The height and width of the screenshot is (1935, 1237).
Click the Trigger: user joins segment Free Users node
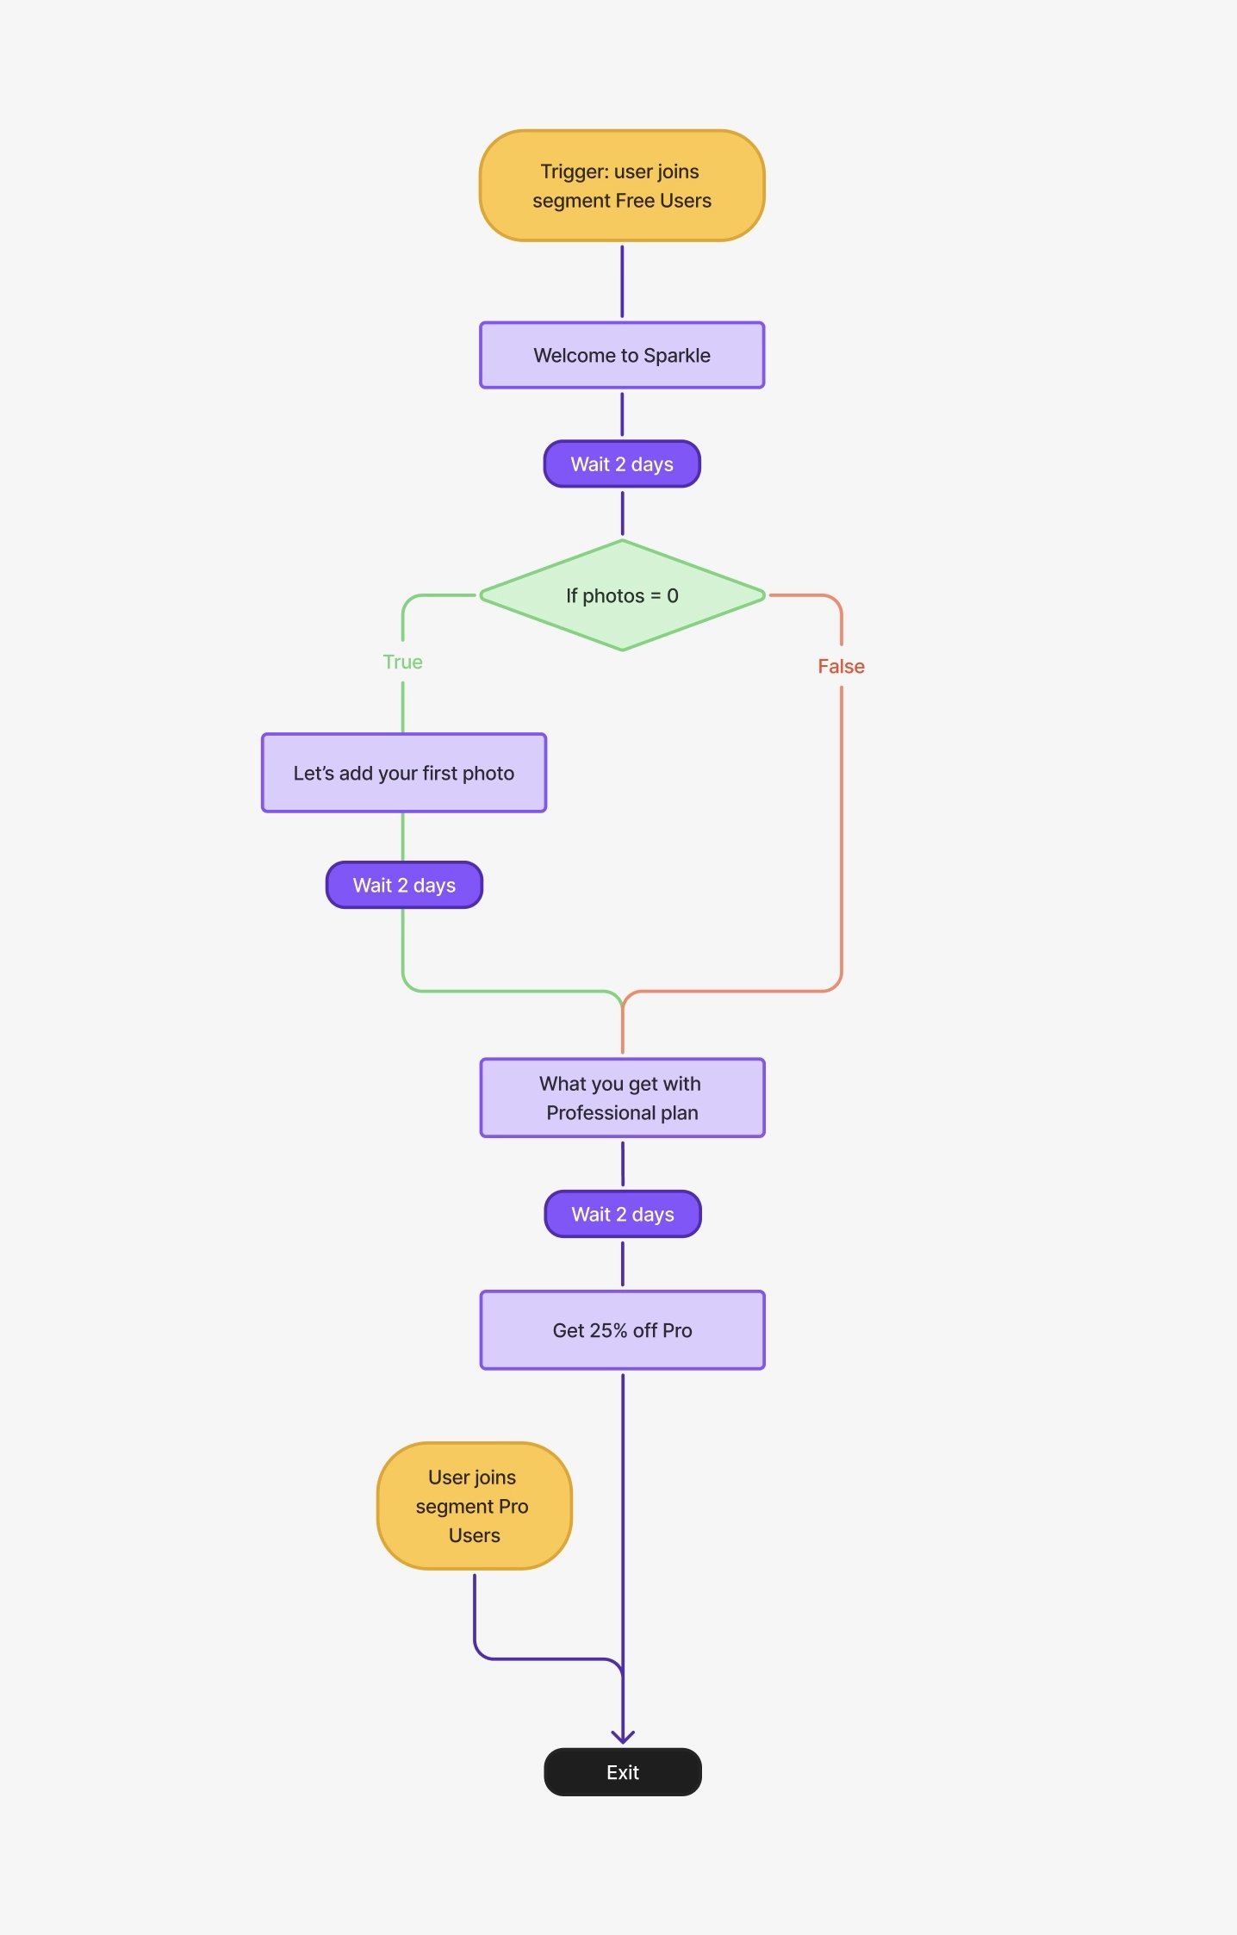(622, 186)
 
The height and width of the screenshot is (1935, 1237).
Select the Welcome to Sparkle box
(622, 355)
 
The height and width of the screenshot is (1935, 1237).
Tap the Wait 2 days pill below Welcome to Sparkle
(622, 464)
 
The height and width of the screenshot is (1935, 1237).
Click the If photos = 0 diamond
(622, 595)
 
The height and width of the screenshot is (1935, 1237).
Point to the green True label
(402, 662)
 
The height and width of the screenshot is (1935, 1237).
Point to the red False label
(841, 666)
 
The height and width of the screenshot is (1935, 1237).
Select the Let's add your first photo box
(403, 773)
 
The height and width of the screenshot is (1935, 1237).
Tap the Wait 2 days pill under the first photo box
(404, 885)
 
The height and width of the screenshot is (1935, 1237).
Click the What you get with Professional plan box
(622, 1098)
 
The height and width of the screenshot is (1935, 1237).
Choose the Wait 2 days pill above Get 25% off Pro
(623, 1214)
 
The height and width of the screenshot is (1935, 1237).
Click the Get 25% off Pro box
(622, 1330)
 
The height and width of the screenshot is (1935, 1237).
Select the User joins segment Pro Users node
(474, 1506)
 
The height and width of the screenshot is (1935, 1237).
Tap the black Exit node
(622, 1772)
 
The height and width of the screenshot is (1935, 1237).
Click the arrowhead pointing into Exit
(623, 1737)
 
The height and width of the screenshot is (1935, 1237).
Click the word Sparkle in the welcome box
(676, 355)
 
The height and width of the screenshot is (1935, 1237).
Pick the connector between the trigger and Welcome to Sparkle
(622, 281)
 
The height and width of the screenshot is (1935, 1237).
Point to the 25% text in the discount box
(608, 1330)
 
